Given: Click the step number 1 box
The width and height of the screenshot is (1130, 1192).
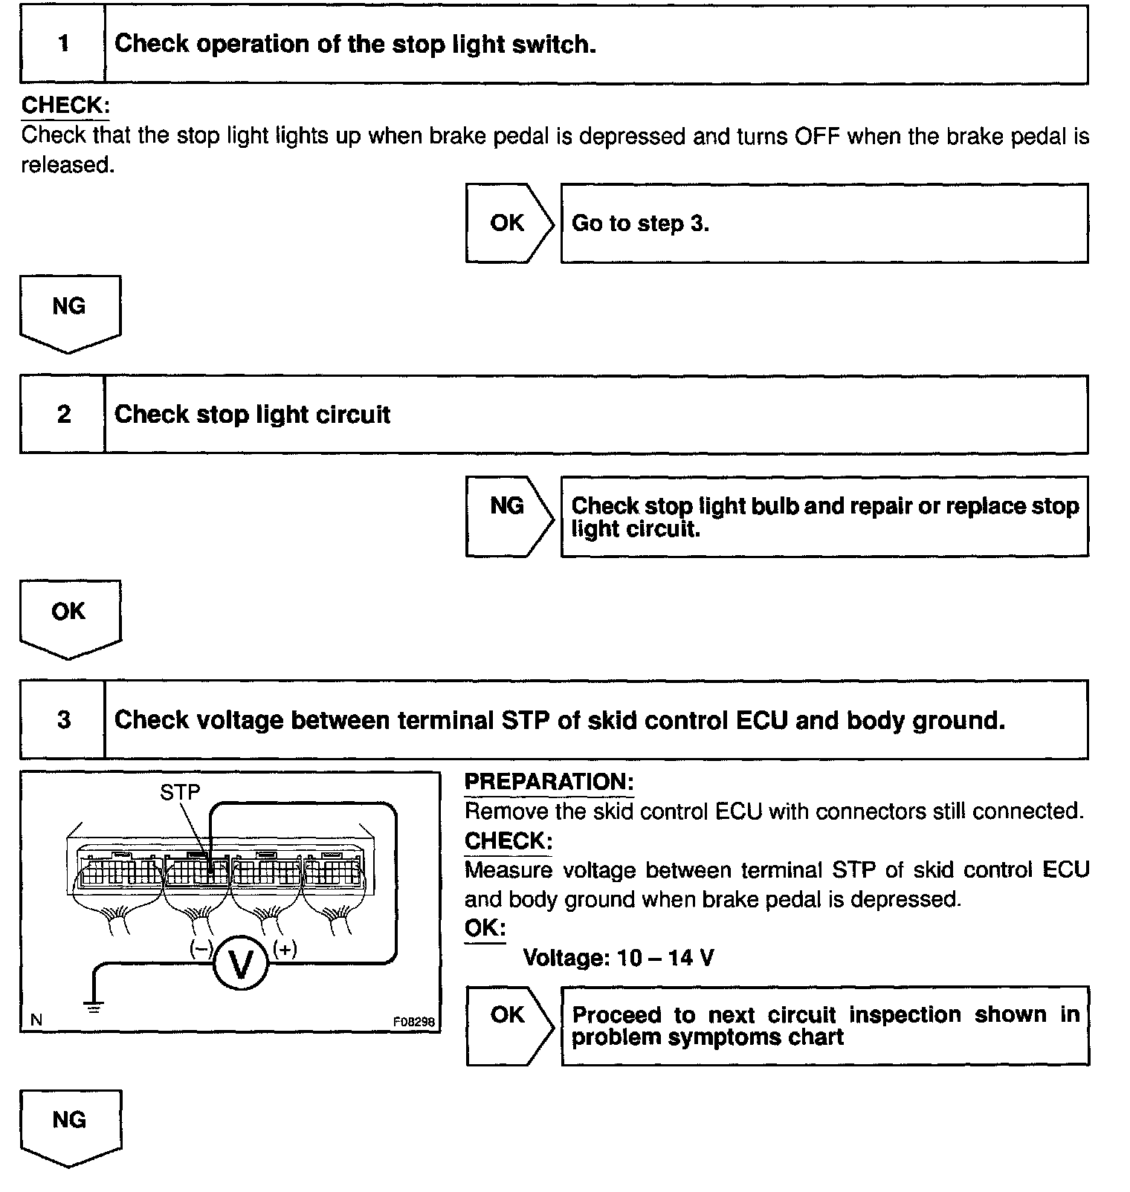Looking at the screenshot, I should point(63,44).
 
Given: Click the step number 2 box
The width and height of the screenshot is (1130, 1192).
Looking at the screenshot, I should point(63,414).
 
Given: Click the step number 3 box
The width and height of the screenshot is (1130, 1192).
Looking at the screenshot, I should point(63,719).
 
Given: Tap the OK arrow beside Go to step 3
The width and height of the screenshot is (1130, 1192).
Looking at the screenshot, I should point(508,223).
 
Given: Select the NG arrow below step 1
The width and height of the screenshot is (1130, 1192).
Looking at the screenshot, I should point(69,311).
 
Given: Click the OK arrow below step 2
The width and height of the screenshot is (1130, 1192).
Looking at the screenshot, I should point(69,616).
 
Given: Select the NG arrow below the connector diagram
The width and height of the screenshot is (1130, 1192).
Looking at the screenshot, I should point(69,1124).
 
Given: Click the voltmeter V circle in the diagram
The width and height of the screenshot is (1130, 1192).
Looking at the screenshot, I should point(240,964).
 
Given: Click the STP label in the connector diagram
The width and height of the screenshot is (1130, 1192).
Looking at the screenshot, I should point(180,792).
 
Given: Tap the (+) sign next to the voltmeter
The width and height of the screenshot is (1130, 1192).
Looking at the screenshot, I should point(285,949).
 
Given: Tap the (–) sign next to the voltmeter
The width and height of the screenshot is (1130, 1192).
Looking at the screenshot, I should point(201,949).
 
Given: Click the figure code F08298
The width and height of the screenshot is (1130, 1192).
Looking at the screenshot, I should point(413,1022).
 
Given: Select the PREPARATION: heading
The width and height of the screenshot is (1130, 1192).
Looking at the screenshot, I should point(549,782).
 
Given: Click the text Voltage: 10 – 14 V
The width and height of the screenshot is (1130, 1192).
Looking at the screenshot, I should point(619,958).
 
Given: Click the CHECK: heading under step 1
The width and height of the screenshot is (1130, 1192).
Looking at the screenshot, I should point(65,106).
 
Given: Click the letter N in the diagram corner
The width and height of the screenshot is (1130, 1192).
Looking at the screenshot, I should point(36,1021).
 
